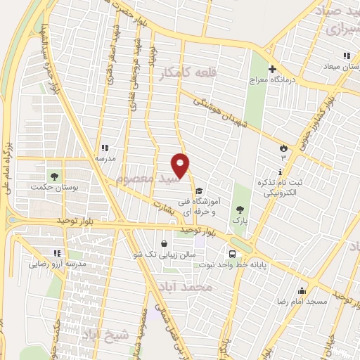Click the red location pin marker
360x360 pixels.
(181, 165)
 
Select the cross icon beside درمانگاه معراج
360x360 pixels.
(272, 69)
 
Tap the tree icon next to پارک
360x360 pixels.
(240, 209)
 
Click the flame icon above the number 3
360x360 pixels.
(283, 148)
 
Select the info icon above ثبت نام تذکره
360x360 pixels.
(280, 172)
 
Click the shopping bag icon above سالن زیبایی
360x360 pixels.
(164, 244)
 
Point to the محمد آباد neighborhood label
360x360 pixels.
(205, 288)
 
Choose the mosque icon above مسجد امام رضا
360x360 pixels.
(303, 290)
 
